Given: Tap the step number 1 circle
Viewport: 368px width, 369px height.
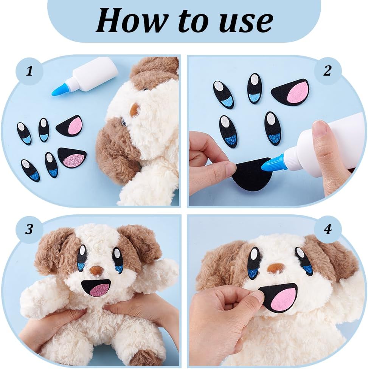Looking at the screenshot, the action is coord(30,71).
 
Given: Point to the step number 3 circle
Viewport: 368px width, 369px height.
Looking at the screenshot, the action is coord(29,229).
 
